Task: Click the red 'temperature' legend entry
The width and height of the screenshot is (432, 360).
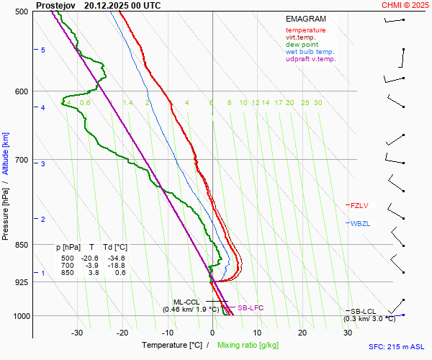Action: [x=305, y=30]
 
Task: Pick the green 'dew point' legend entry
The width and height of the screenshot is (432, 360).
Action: [x=301, y=45]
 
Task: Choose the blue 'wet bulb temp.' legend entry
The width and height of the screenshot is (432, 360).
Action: [x=310, y=52]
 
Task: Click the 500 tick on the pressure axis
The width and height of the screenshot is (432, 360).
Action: [x=21, y=12]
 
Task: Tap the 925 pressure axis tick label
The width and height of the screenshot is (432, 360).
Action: [x=21, y=282]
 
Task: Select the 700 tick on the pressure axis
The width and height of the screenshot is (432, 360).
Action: [x=21, y=160]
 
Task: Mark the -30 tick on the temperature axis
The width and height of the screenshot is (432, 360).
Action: [x=77, y=333]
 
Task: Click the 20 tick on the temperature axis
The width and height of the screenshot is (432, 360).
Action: [x=302, y=333]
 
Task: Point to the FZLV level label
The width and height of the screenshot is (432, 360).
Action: [x=359, y=205]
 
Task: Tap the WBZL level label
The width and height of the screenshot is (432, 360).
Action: [x=360, y=223]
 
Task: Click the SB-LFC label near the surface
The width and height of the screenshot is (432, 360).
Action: [x=250, y=307]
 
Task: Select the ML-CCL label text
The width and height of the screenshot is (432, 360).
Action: [x=186, y=302]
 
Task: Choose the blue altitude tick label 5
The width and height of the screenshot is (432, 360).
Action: [x=43, y=50]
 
